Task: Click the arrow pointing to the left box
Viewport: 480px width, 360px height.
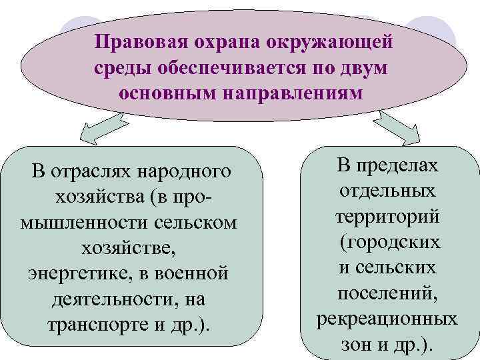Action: pyautogui.click(x=100, y=130)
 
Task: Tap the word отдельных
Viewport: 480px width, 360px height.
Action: pyautogui.click(x=387, y=191)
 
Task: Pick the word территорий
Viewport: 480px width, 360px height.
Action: pyautogui.click(x=387, y=217)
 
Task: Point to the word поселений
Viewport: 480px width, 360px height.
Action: pyautogui.click(x=387, y=293)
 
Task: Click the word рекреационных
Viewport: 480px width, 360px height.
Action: pyautogui.click(x=387, y=319)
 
